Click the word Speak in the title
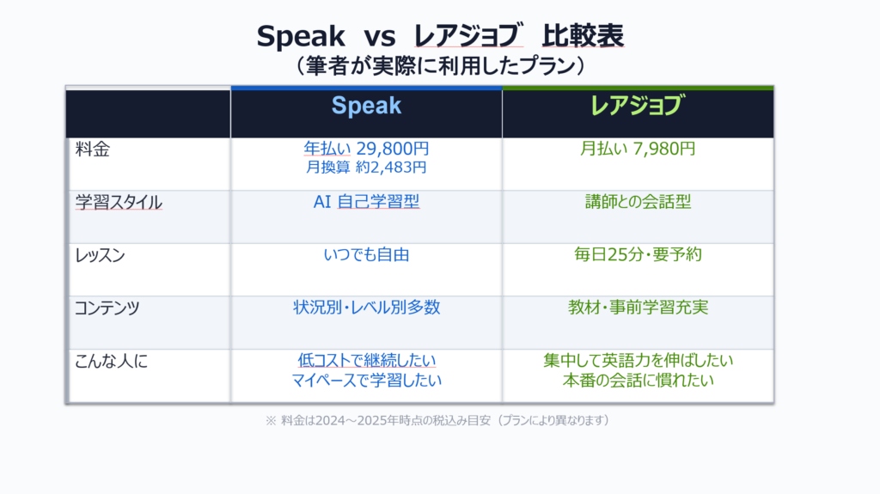[301, 36]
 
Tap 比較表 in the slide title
[583, 36]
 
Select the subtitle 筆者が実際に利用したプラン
[439, 65]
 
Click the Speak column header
[366, 106]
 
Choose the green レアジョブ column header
[637, 106]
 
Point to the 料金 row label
[93, 149]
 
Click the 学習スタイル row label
[119, 203]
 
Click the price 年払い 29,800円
[366, 149]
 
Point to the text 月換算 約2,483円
[366, 167]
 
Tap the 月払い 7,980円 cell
[637, 149]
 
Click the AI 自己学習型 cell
[366, 203]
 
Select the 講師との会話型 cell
[637, 203]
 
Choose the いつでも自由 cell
[366, 254]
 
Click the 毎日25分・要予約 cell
[637, 254]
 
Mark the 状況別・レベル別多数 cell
[366, 308]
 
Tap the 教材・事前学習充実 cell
[637, 308]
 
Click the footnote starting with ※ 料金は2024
[438, 421]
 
